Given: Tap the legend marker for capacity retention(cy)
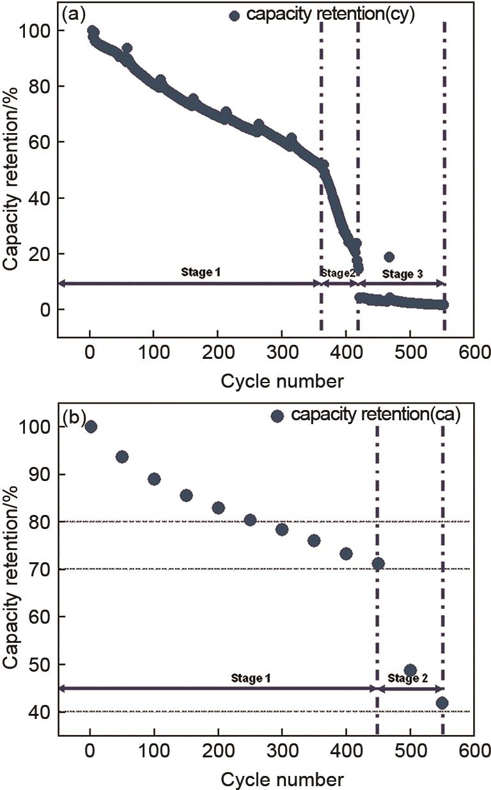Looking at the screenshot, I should click(234, 15).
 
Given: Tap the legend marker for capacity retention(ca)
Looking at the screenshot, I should click(277, 416).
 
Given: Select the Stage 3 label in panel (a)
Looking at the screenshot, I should click(401, 274).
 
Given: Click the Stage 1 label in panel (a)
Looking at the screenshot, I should click(199, 273).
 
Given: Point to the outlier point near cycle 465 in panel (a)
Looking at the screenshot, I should click(389, 257).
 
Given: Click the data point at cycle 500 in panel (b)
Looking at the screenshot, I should click(410, 670).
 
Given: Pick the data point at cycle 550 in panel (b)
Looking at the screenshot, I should click(442, 703).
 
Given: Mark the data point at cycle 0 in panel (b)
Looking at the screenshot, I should click(91, 427).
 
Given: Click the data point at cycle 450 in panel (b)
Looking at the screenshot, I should click(378, 564).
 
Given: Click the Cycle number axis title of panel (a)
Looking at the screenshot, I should click(282, 381).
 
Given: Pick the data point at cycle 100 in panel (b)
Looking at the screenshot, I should click(154, 479).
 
